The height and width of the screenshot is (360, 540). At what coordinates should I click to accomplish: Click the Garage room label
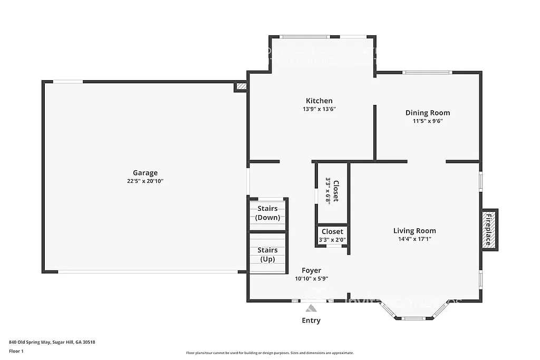click(145, 173)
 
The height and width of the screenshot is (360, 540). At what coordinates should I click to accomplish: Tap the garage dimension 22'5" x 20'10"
click(145, 181)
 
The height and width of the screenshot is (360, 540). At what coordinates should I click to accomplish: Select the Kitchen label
click(319, 101)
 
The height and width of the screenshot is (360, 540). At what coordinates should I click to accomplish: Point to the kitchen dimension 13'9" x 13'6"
click(319, 109)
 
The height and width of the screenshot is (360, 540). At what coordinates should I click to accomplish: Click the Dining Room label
click(427, 112)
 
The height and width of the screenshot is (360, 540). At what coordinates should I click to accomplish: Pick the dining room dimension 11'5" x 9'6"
click(427, 121)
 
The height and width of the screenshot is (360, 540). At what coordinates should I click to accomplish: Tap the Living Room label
click(414, 230)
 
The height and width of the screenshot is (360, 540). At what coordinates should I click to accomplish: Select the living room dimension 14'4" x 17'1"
click(414, 239)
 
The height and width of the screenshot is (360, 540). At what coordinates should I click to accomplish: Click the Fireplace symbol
click(488, 230)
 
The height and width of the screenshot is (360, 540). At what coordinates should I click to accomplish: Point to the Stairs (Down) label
click(268, 213)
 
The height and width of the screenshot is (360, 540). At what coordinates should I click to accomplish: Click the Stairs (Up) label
click(268, 255)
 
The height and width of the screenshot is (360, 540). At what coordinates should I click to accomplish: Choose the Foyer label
click(311, 270)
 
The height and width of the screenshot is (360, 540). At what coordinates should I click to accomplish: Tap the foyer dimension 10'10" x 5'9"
click(311, 279)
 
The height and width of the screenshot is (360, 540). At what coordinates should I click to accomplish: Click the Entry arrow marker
click(311, 308)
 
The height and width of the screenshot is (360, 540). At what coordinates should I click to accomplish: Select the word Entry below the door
click(311, 320)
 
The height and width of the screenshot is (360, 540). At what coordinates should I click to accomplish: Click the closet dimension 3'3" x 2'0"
click(332, 240)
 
